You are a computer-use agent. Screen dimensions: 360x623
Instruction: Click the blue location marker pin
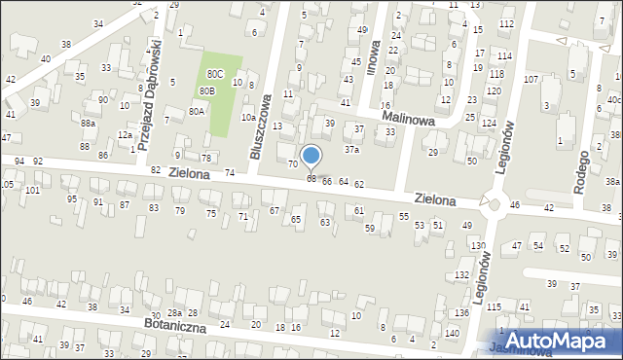(311, 156)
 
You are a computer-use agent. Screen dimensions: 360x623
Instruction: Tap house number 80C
(214, 73)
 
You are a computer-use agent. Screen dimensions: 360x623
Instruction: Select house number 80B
(206, 90)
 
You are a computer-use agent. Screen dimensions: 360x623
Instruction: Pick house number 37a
(351, 150)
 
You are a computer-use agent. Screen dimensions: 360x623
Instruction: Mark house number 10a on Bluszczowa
(248, 118)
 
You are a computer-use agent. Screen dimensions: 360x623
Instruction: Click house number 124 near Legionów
(487, 124)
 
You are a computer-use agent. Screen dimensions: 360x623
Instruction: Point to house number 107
(531, 79)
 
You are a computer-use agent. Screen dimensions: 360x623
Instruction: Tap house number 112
(505, 22)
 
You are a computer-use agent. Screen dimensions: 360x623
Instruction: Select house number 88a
(88, 123)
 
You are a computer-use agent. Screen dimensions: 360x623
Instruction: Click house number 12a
(125, 135)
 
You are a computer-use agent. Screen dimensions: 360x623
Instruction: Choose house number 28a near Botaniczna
(174, 312)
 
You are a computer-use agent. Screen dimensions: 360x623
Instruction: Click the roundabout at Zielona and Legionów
(493, 203)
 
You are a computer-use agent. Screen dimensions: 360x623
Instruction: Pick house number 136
(460, 312)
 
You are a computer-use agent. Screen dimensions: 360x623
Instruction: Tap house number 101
(32, 190)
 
